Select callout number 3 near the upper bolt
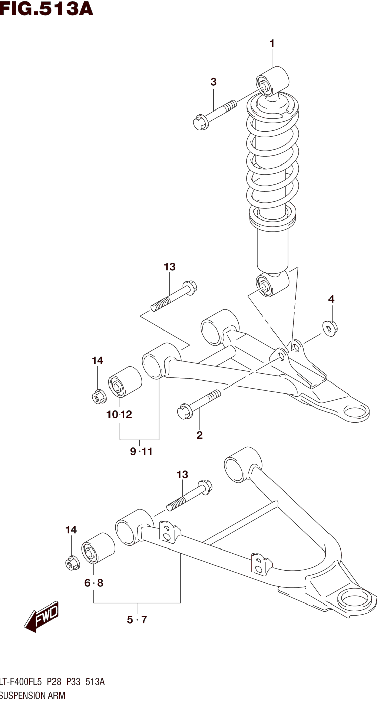click(x=214, y=82)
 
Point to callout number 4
click(x=331, y=299)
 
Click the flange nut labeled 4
click(x=330, y=328)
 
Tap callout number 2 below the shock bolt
click(x=200, y=435)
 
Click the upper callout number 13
click(x=169, y=267)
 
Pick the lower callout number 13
click(x=182, y=475)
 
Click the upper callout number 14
click(x=97, y=361)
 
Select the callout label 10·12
click(x=119, y=415)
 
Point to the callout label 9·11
click(x=141, y=451)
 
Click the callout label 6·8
click(x=94, y=583)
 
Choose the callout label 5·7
click(x=137, y=620)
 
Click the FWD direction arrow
click(x=41, y=616)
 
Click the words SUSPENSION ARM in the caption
click(x=33, y=695)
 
